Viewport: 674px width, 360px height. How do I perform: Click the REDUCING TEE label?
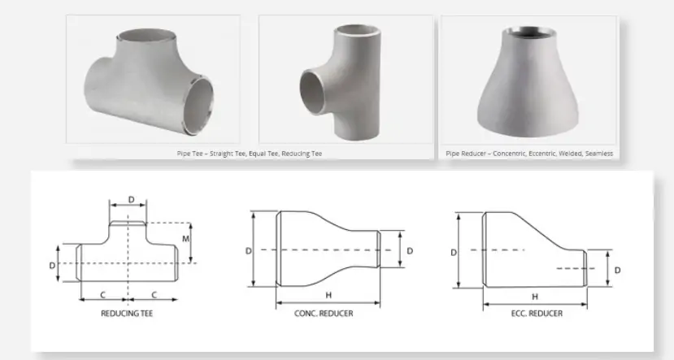[x=127, y=313]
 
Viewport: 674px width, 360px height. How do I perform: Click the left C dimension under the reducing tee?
[x=102, y=293]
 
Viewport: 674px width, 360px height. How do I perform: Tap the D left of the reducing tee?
[x=50, y=265]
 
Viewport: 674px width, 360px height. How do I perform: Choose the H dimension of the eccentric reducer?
[x=534, y=297]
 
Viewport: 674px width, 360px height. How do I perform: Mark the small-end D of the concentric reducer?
[x=409, y=251]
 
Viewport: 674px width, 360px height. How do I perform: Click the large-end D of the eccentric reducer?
[x=454, y=252]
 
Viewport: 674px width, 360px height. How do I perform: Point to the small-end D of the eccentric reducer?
[x=617, y=269]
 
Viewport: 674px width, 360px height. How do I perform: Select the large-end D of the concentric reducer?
[x=248, y=251]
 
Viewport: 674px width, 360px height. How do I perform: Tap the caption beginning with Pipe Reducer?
[x=529, y=153]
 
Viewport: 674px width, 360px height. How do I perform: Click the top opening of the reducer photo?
[x=529, y=34]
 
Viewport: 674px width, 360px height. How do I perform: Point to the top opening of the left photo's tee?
[x=147, y=37]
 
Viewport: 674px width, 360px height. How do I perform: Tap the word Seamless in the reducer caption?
[x=598, y=153]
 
